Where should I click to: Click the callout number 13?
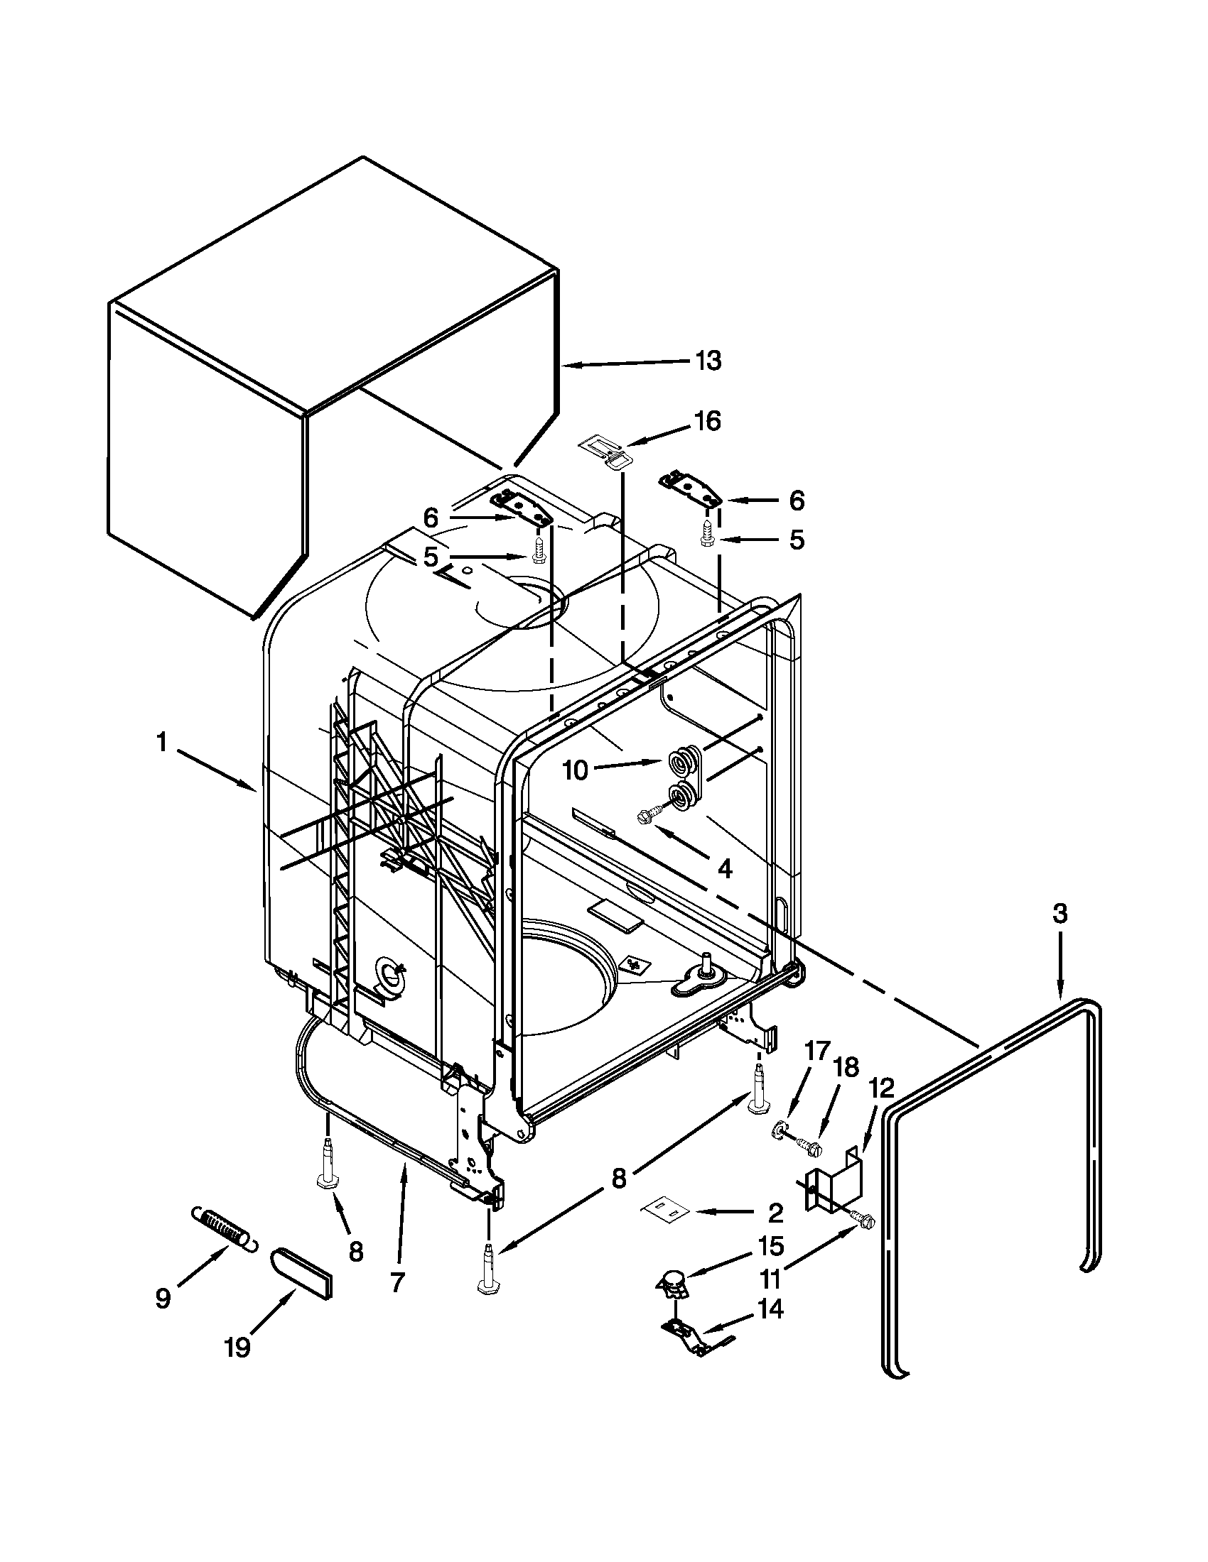(x=708, y=361)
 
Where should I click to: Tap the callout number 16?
(x=707, y=422)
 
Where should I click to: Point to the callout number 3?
(x=1059, y=914)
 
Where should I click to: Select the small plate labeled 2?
(x=662, y=1209)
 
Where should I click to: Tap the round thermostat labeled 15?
(x=673, y=1279)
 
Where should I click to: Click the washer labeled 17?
(x=777, y=1130)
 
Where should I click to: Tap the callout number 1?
(x=162, y=744)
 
